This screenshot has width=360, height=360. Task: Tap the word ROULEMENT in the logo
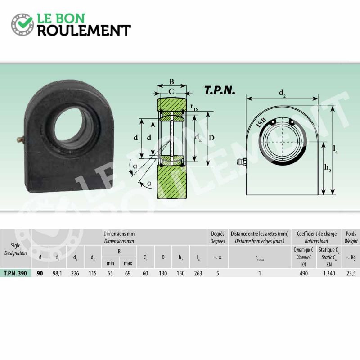click(84, 31)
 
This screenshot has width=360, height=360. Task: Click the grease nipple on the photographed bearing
click(21, 139)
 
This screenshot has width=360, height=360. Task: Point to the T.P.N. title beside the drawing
click(220, 90)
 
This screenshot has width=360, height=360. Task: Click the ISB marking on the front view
click(261, 122)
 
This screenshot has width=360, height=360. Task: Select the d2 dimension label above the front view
click(283, 93)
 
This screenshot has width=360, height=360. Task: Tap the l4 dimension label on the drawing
click(335, 149)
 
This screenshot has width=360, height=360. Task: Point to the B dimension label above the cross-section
click(171, 81)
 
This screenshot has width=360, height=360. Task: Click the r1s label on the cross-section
click(194, 107)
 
